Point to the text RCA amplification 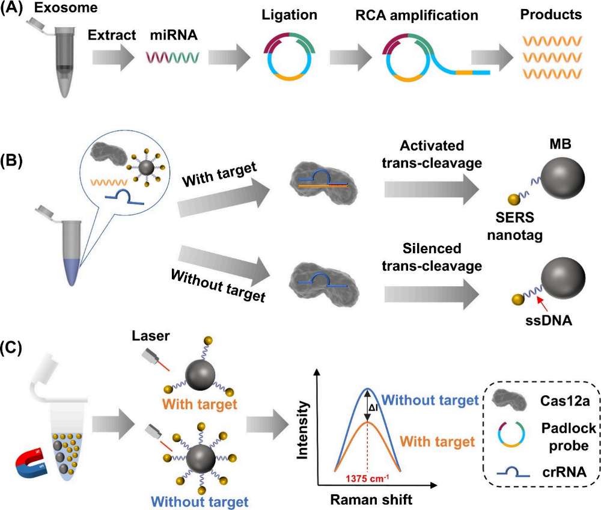point(415,13)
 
